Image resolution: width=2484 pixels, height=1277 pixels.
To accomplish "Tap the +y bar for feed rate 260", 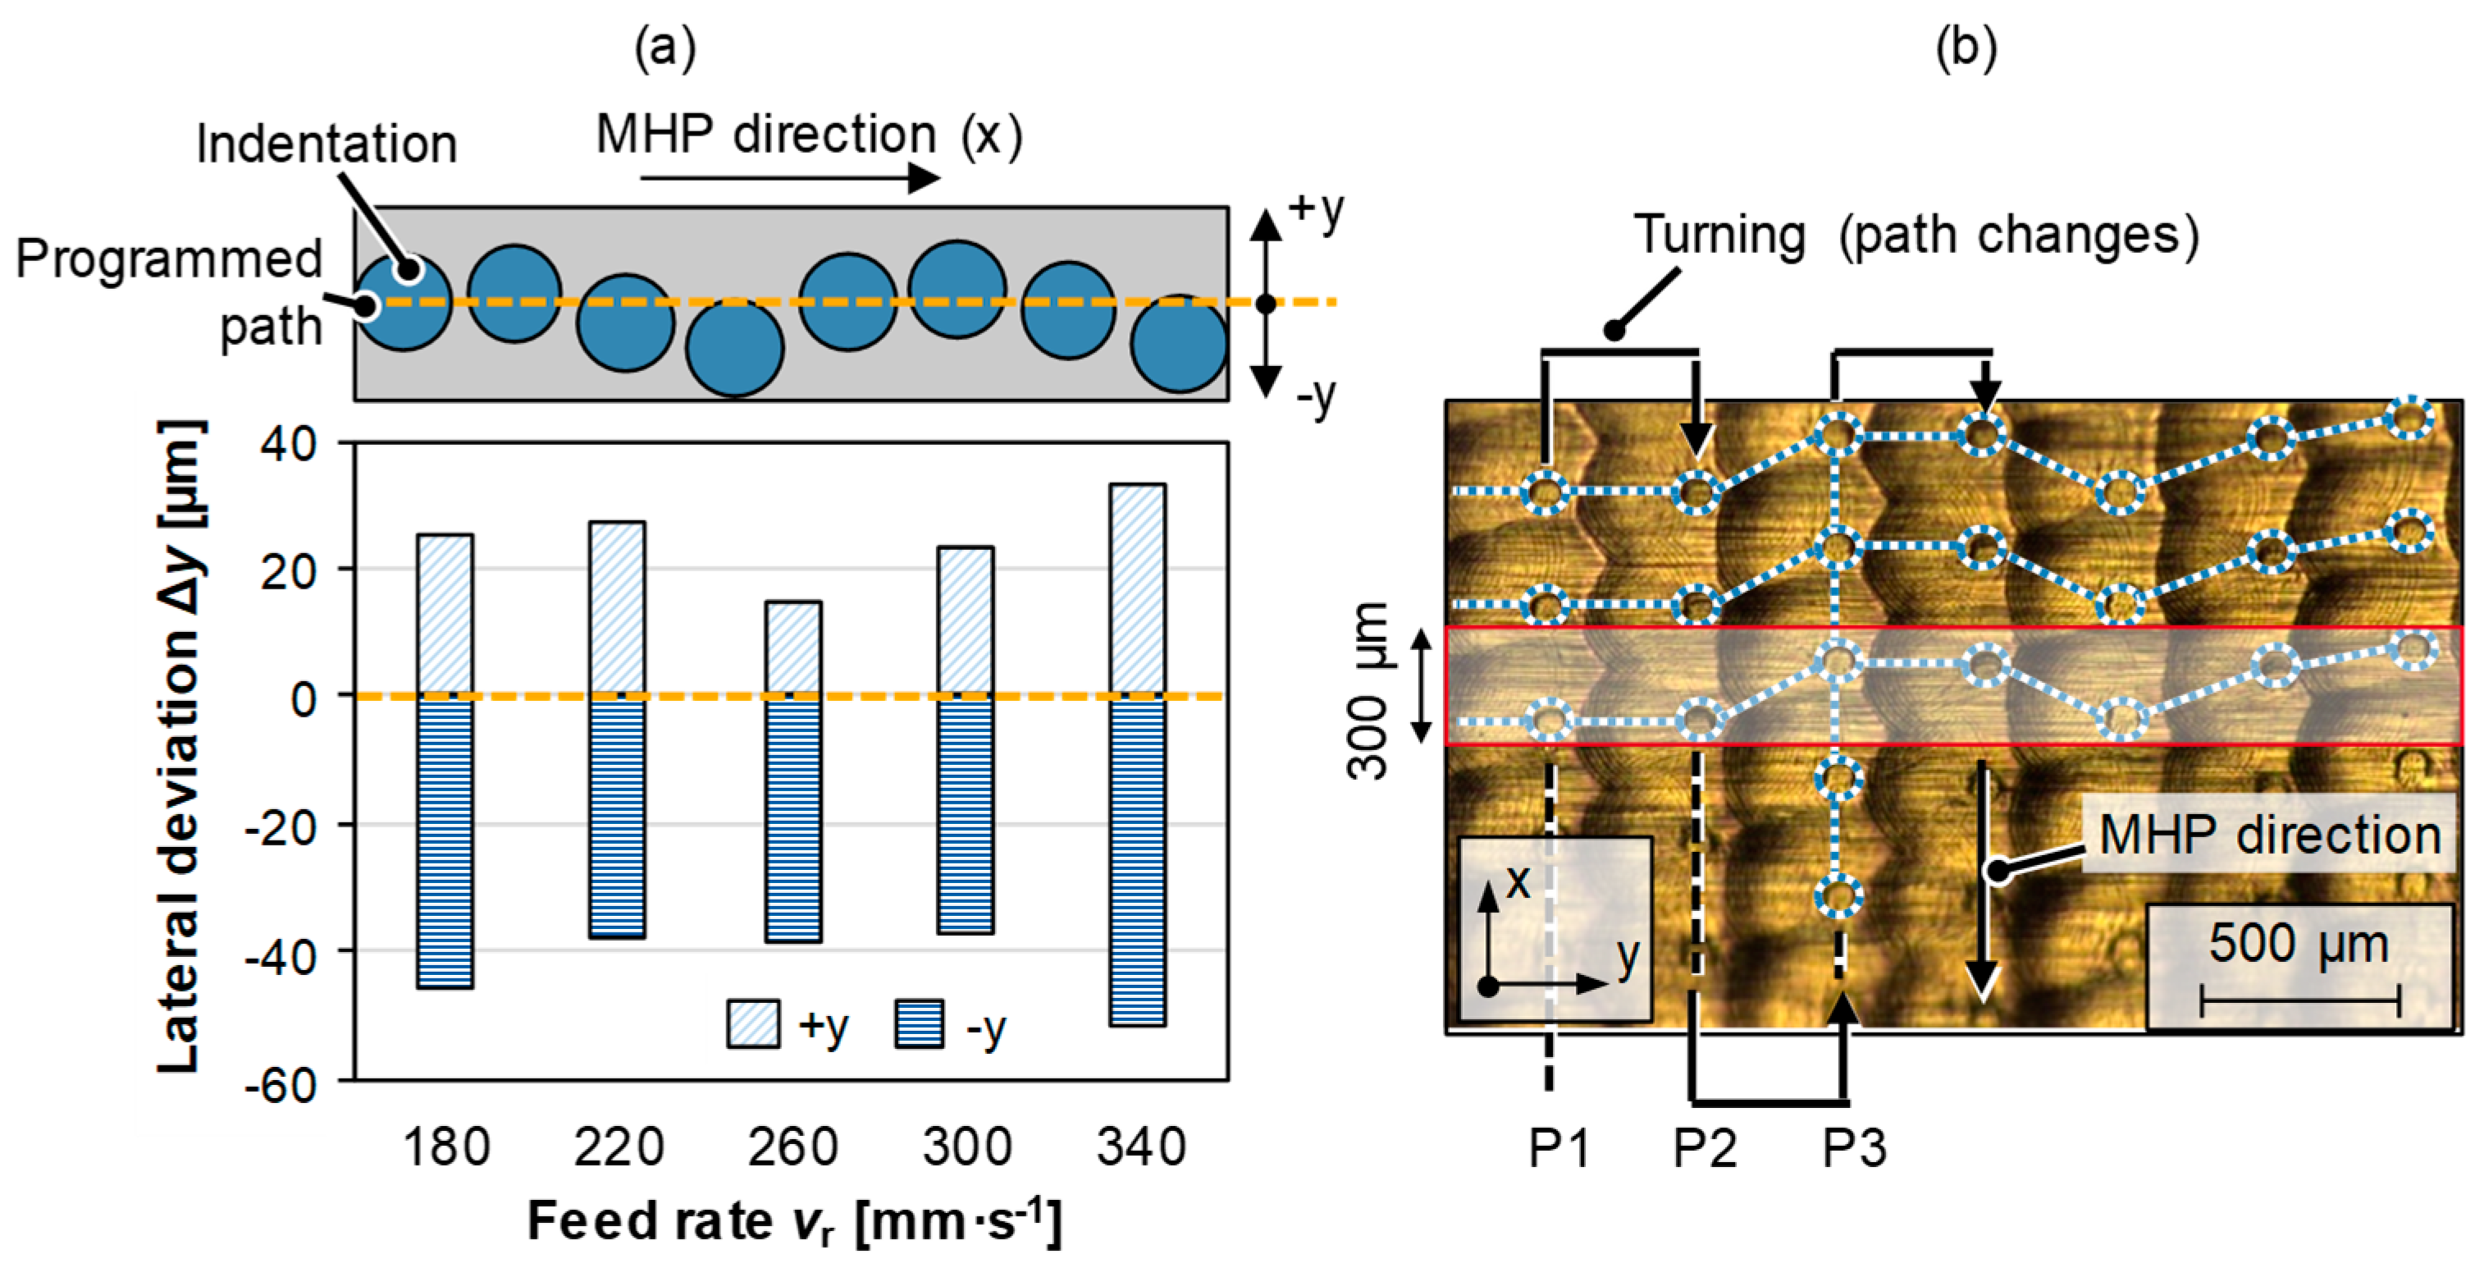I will [x=792, y=648].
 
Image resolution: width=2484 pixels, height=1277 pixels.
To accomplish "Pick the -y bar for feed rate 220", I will [x=617, y=816].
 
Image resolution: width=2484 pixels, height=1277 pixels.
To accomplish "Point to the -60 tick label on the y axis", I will [x=281, y=1085].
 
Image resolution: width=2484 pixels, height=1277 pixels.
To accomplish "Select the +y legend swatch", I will [x=753, y=1024].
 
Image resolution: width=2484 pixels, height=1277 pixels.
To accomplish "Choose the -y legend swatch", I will [x=919, y=1024].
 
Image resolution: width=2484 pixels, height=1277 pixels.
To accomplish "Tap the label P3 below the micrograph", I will [x=1853, y=1148].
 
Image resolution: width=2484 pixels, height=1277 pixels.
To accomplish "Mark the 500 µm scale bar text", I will [x=2298, y=943].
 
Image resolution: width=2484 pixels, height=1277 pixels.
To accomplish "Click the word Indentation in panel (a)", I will [x=326, y=144].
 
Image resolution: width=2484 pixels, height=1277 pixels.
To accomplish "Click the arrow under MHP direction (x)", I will [x=790, y=178].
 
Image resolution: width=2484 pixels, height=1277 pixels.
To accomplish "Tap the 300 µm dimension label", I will [x=1368, y=689].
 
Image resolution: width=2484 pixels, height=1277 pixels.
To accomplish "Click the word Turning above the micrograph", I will [x=1719, y=235].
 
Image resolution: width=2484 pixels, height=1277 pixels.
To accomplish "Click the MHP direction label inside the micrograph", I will [x=2269, y=835].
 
